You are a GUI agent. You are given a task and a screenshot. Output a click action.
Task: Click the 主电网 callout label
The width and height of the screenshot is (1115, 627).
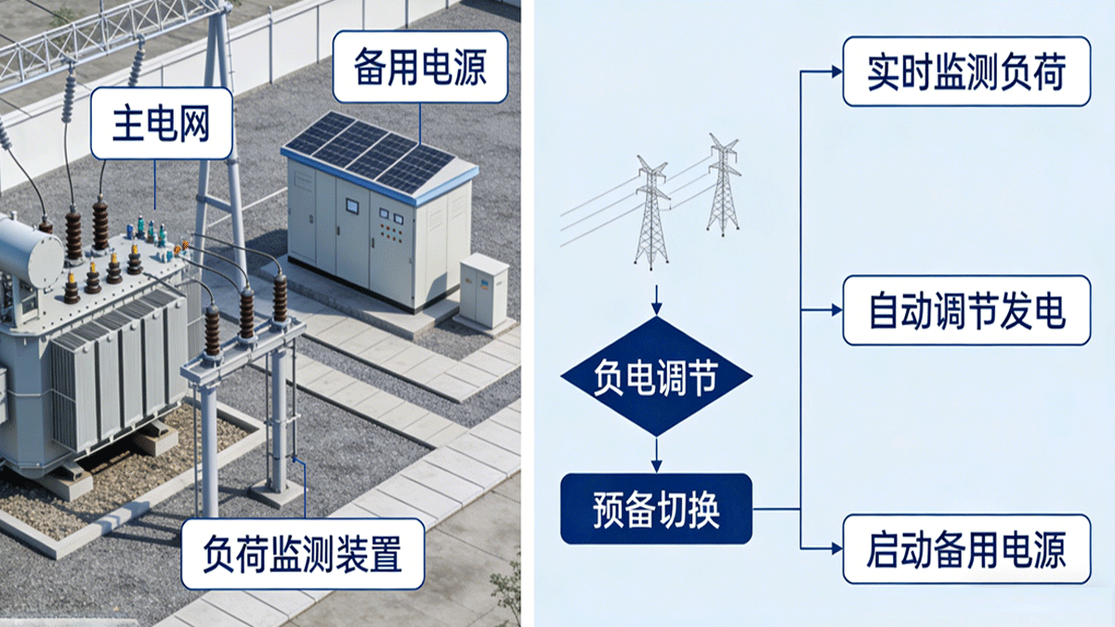click(x=162, y=124)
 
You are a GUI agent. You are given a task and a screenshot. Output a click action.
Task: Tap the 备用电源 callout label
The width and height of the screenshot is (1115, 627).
click(x=420, y=67)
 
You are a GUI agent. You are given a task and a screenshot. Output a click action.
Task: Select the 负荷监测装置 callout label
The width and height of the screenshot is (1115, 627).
click(x=302, y=555)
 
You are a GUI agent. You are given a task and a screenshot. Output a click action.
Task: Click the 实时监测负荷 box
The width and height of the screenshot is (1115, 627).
click(x=965, y=72)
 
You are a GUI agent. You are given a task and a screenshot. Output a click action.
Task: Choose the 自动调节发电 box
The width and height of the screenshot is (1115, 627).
click(x=965, y=310)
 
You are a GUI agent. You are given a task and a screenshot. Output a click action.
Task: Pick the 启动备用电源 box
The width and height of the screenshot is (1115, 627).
click(x=965, y=549)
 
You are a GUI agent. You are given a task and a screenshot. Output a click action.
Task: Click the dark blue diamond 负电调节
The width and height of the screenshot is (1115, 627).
click(x=657, y=376)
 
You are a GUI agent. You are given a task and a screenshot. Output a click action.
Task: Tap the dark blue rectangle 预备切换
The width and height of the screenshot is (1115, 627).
click(x=655, y=508)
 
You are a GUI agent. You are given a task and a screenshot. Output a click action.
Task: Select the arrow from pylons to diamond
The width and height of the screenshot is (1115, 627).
click(x=657, y=300)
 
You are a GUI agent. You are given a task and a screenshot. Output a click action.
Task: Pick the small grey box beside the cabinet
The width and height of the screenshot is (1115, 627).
click(x=484, y=291)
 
